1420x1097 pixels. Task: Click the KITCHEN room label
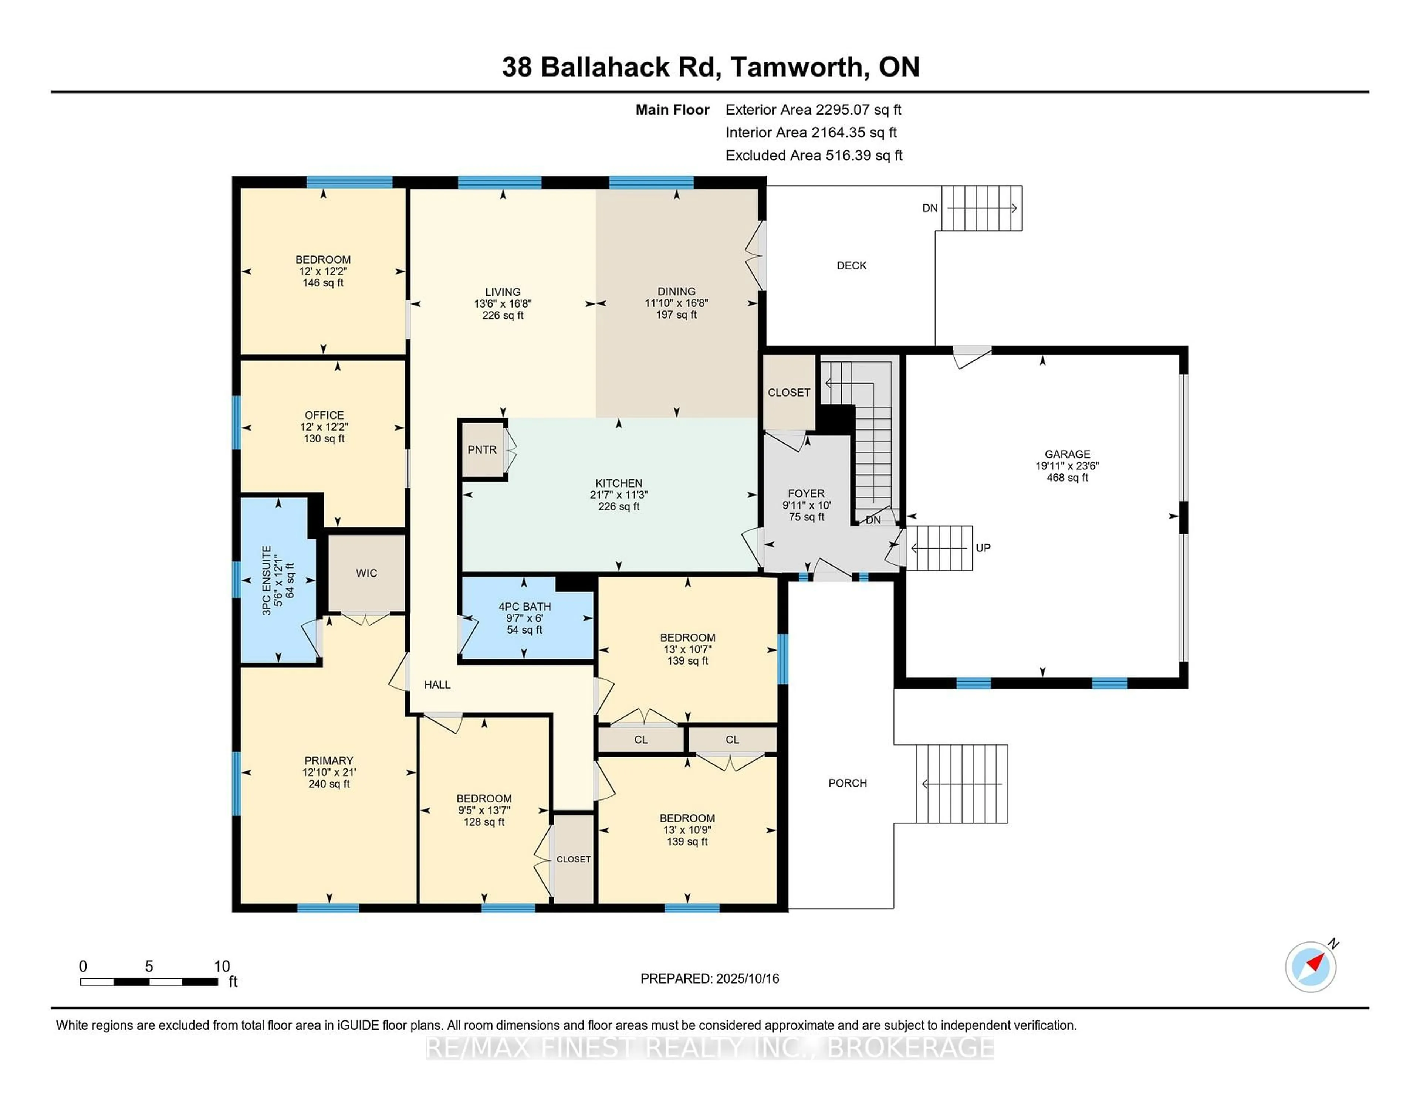coord(618,483)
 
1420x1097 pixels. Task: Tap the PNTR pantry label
coord(482,450)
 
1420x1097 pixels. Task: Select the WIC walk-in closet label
coord(366,573)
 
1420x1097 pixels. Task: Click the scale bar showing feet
coord(149,981)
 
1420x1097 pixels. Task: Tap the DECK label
coord(851,265)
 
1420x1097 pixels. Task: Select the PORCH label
coord(847,783)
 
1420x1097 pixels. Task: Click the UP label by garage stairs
coord(983,548)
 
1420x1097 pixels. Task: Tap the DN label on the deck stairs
coord(930,208)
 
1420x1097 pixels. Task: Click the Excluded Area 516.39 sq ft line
coord(814,155)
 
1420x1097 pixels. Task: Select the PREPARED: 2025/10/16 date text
coord(709,978)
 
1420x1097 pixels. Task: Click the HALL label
coord(437,684)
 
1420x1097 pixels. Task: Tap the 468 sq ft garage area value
coord(1067,478)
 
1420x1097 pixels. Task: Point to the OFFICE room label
coord(324,415)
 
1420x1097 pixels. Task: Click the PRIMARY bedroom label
coord(328,760)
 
